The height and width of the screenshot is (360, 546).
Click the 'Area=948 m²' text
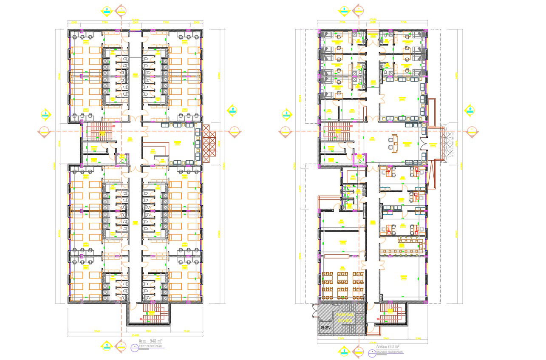(150, 341)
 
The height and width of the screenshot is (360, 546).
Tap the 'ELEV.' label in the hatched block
(326, 328)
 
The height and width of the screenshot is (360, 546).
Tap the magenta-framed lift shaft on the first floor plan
(122, 159)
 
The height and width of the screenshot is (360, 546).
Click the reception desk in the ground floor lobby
(394, 144)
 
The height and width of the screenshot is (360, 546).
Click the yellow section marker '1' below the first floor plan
(107, 346)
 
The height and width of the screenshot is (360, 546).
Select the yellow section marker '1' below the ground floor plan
(344, 351)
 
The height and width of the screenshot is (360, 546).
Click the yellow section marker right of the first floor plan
(232, 111)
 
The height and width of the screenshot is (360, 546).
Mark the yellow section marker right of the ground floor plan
(470, 111)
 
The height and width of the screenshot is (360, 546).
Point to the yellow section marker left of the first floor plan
(46, 114)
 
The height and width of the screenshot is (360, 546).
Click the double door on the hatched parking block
(315, 311)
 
